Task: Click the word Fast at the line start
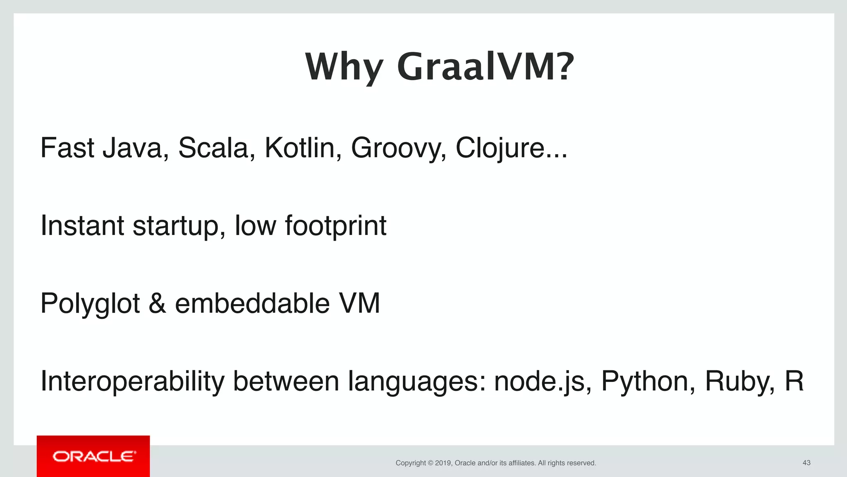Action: (67, 148)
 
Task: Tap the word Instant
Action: (82, 226)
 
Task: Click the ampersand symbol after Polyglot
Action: (157, 304)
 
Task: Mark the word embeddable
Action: (252, 304)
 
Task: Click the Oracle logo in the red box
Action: (93, 456)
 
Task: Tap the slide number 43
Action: (806, 463)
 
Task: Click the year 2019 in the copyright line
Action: (443, 463)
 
